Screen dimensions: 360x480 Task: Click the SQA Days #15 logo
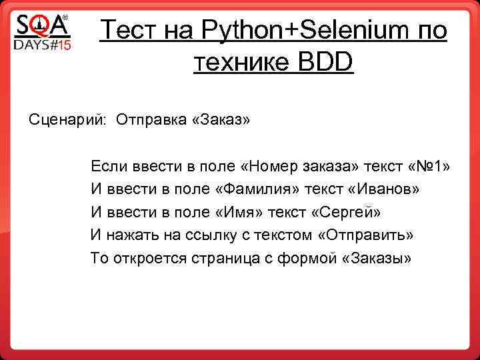[x=42, y=33]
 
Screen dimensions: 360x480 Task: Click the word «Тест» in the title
[x=131, y=30]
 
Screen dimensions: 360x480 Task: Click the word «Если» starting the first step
[x=107, y=166]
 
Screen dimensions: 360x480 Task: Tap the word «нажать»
[x=133, y=235]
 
